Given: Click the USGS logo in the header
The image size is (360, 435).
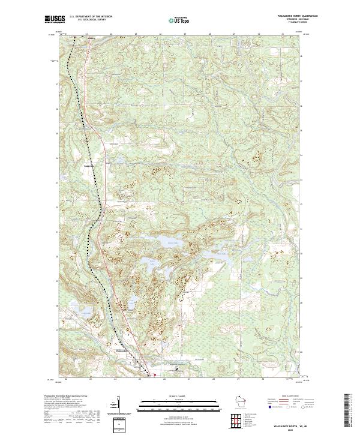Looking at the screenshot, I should [54, 20].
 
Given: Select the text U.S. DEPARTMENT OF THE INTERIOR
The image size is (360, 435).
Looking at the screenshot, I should [91, 17].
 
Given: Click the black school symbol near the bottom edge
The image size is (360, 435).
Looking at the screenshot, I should [176, 368].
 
